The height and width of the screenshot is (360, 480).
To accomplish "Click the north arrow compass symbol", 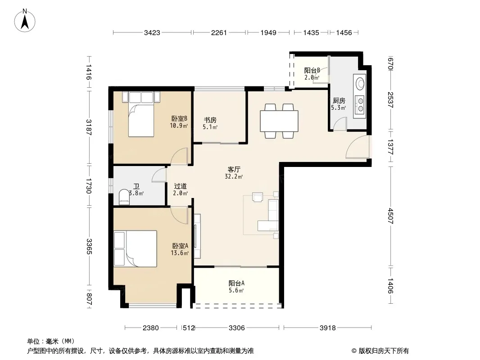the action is tap(25, 21).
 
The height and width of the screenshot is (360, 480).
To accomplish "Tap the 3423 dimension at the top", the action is tap(152, 32).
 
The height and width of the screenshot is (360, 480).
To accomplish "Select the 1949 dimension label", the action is tap(268, 32).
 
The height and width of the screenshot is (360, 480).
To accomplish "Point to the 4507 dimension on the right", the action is tap(390, 216).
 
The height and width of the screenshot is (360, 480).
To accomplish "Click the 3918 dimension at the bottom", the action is tap(327, 328).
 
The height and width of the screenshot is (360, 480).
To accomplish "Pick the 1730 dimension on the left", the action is tap(88, 186).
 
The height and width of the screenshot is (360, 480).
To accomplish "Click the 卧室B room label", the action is tap(179, 118).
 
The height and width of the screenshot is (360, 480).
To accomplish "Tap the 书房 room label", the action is tap(210, 120).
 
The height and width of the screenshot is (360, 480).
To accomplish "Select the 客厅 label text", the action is tap(234, 169).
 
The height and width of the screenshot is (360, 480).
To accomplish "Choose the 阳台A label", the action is tap(236, 283).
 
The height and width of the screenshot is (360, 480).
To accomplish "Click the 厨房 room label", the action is tap(339, 100).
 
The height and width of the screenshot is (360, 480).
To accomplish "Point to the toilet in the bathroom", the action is tap(124, 197).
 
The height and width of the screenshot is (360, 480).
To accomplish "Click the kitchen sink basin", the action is tap(360, 83).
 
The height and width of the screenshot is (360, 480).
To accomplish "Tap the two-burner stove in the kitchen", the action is tap(359, 104).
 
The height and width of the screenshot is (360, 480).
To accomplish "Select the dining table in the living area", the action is tap(279, 121).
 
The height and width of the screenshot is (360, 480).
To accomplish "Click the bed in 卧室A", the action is tap(135, 249).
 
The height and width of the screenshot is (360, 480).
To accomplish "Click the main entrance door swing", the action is tap(357, 147).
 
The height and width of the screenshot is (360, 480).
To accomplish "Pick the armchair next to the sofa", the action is tap(258, 197).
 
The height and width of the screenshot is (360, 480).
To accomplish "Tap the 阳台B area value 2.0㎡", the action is tap(312, 77).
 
